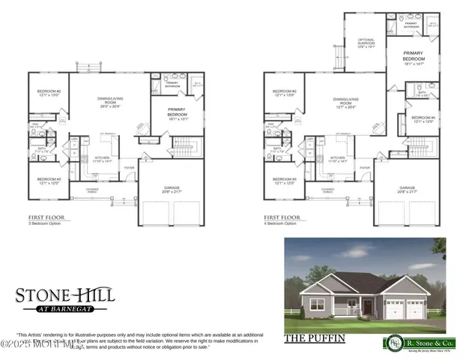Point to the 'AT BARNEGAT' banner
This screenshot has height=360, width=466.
[x=65, y=308]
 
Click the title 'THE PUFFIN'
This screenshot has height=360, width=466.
[x=315, y=338]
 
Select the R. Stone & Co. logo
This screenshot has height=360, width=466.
[x=412, y=341]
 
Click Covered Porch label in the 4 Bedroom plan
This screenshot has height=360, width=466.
[x=327, y=190]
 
